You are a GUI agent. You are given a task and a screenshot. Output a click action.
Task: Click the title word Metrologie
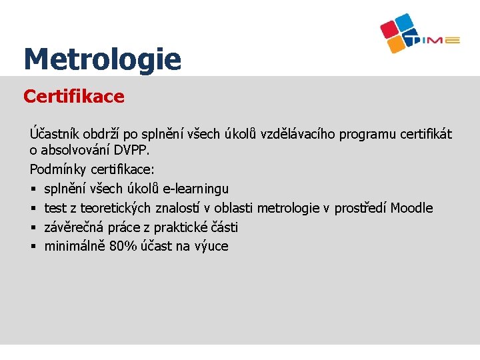click(102, 59)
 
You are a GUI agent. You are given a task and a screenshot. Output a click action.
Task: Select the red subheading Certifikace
click(73, 97)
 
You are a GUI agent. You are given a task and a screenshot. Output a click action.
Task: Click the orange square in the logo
click(396, 44)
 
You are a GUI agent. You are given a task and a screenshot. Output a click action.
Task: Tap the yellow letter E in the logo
click(453, 41)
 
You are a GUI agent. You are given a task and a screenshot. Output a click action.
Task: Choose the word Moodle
click(411, 208)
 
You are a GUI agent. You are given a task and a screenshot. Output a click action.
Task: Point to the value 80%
click(123, 246)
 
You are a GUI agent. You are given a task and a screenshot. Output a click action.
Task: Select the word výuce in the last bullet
click(211, 246)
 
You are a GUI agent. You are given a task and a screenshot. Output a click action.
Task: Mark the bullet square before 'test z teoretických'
click(33, 209)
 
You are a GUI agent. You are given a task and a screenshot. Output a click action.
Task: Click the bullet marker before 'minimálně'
click(33, 247)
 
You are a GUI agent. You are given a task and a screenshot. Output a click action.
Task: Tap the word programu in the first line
click(368, 134)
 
